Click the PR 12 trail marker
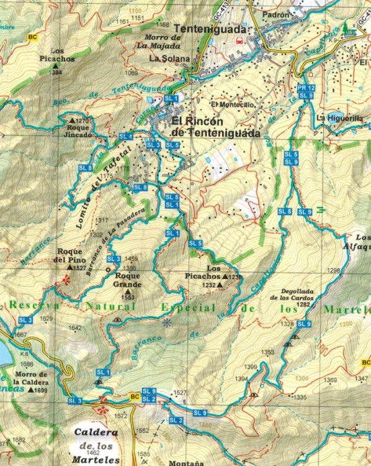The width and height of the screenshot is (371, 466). tap(306, 88)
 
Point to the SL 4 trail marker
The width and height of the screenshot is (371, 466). tap(125, 136)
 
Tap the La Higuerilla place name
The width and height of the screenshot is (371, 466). tap(339, 117)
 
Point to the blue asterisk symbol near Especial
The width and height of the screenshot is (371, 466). tap(166, 322)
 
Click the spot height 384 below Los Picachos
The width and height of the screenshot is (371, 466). tap(58, 73)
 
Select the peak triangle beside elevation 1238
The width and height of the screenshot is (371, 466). tap(225, 276)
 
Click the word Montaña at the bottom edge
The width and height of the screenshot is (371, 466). tap(184, 462)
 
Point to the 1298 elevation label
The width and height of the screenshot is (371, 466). tap(333, 270)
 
